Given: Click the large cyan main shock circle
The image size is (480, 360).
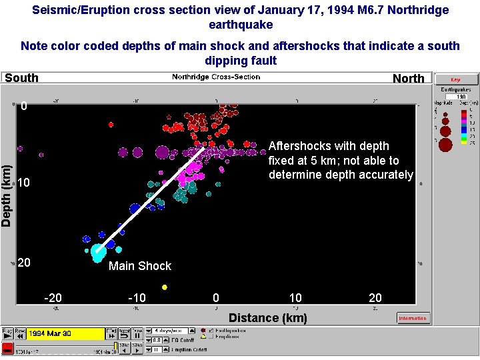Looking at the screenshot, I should [97, 252].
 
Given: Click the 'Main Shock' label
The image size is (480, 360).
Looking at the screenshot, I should [140, 266].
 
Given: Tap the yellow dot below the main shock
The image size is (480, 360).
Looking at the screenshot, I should [165, 287].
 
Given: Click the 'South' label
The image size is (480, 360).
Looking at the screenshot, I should [22, 78].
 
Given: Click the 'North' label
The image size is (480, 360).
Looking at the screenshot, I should [408, 78].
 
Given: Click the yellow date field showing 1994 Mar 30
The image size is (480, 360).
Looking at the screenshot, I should [66, 333].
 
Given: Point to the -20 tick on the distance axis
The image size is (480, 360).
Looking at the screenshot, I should [53, 297].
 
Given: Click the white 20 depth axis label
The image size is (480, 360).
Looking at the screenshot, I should [24, 263].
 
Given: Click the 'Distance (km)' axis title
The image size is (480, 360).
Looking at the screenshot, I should [268, 317].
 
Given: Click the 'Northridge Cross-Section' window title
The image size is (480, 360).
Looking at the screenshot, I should [216, 77].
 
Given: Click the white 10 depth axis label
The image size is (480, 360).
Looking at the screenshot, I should [24, 183].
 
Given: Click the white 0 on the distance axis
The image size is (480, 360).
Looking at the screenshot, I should [215, 297].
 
